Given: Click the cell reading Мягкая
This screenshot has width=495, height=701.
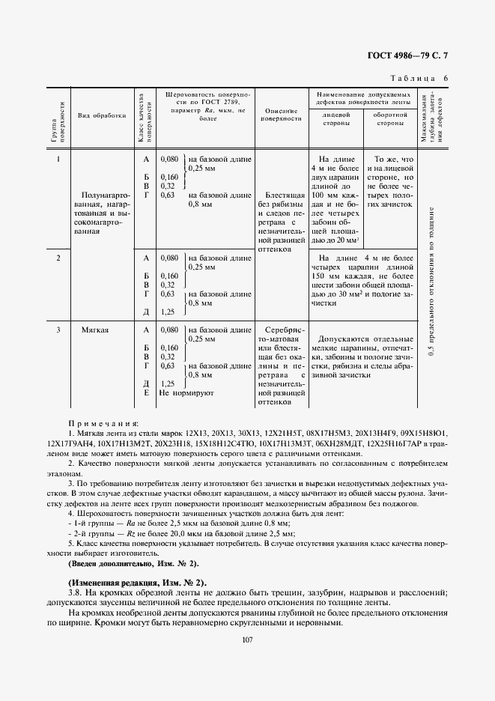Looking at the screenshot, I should [97, 330].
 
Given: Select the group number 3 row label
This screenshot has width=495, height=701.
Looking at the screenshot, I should [58, 330].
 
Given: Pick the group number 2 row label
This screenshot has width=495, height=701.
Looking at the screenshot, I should [58, 258].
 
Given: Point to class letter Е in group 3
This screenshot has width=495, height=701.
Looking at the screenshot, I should [146, 392].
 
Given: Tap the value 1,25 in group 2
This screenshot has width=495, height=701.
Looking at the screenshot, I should [168, 312].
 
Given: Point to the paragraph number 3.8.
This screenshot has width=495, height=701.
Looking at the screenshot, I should [76, 593].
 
